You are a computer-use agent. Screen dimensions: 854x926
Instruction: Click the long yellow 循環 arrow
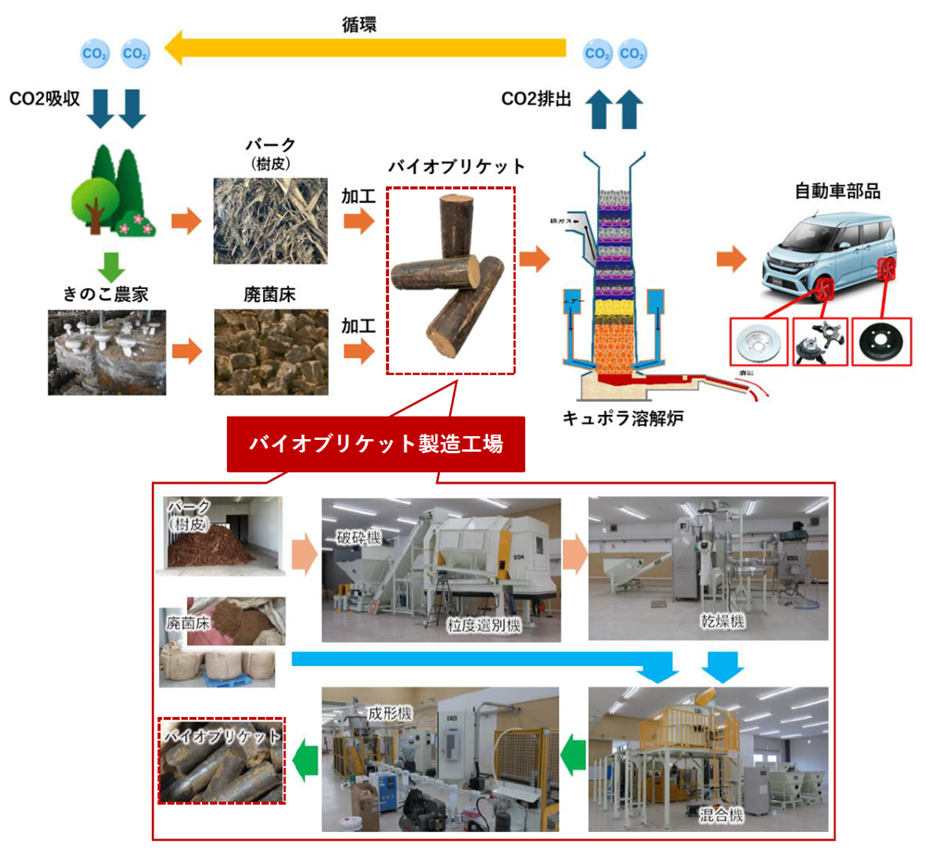[x=370, y=48]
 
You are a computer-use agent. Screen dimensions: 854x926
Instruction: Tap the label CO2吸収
[x=52, y=98]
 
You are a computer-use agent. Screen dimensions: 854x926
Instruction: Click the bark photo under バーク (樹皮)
[x=270, y=220]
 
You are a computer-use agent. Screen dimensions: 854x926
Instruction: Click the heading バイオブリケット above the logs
[x=457, y=167]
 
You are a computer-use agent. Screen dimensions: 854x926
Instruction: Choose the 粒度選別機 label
[x=482, y=626]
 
